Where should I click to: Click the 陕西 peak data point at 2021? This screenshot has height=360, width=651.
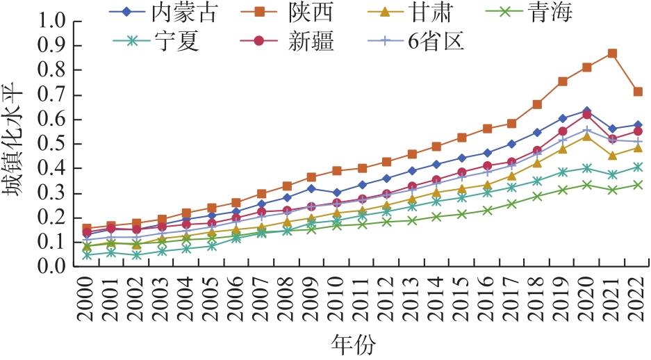coord(612,54)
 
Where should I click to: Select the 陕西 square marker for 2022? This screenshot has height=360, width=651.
coord(637,92)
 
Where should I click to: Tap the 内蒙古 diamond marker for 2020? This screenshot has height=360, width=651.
coord(587,111)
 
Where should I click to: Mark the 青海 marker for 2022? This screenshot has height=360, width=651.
coord(637,185)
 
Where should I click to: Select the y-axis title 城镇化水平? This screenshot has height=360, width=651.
coord(17,144)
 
